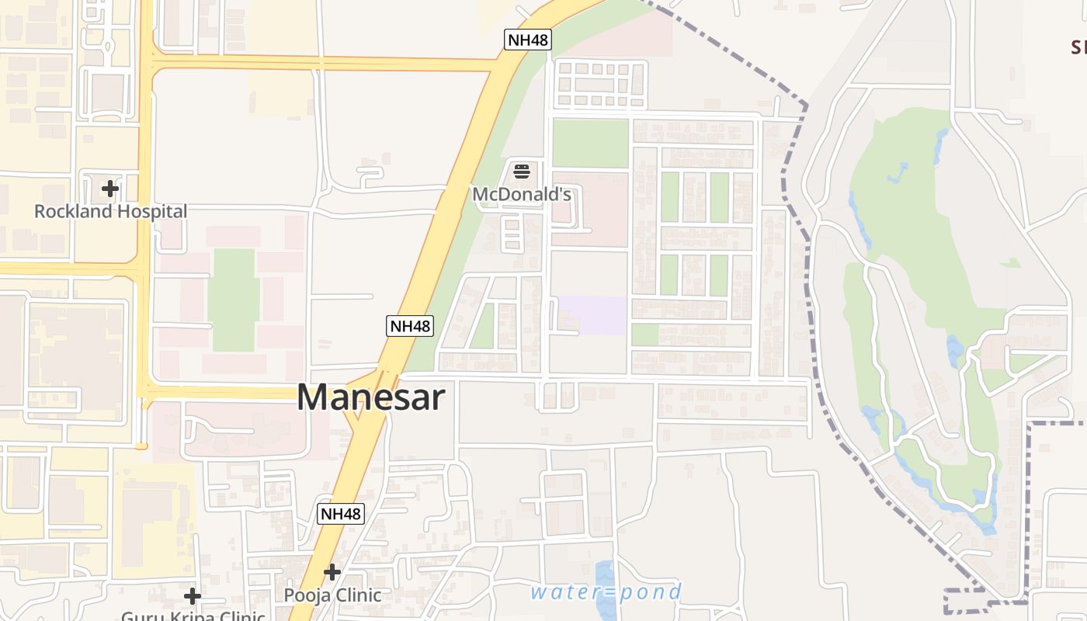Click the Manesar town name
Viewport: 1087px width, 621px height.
(370, 397)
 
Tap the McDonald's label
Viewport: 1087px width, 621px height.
(522, 194)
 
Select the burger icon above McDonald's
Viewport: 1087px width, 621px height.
(522, 171)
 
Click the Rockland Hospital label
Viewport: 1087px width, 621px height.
(110, 211)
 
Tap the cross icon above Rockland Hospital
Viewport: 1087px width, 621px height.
(110, 188)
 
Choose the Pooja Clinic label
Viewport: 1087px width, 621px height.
(332, 595)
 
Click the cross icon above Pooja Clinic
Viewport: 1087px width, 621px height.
(332, 572)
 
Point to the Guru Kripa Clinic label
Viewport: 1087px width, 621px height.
(193, 616)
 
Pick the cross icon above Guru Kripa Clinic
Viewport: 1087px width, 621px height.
(193, 596)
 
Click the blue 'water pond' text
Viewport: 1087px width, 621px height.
(606, 593)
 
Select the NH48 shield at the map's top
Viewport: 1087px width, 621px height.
(527, 40)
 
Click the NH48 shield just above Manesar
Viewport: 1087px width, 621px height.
(409, 326)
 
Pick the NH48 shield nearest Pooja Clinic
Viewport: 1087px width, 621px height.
(341, 513)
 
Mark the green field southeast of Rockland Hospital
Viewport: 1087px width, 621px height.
(233, 299)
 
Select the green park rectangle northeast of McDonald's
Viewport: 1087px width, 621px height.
(590, 143)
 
